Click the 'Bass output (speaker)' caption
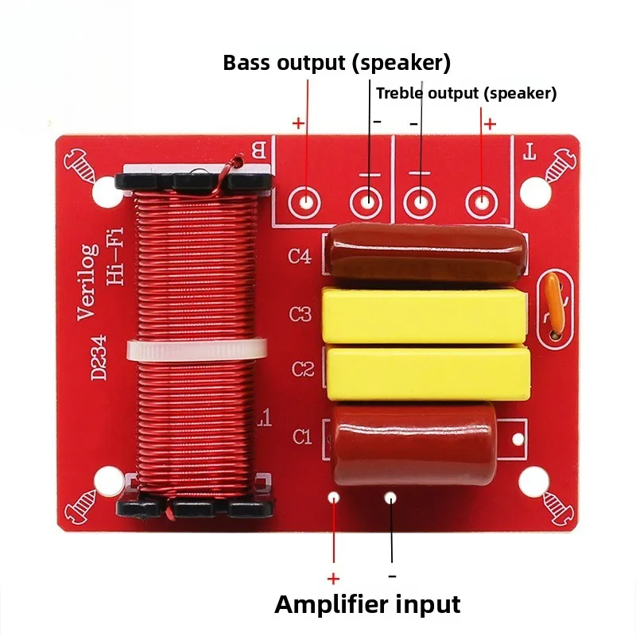click(336, 63)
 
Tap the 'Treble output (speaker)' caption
click(467, 93)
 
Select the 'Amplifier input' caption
click(367, 604)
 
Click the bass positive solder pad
click(304, 202)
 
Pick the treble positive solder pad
click(482, 201)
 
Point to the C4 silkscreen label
click(300, 256)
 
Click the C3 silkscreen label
click(301, 314)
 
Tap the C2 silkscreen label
click(303, 369)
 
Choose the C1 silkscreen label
click(303, 437)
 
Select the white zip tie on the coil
click(197, 350)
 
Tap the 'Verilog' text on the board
click(88, 282)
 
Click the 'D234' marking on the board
click(99, 358)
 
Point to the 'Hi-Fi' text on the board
click(114, 256)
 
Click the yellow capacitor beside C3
click(425, 316)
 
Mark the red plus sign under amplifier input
click(333, 579)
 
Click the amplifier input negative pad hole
click(390, 498)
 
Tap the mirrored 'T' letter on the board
click(529, 152)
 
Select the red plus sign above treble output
click(490, 124)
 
